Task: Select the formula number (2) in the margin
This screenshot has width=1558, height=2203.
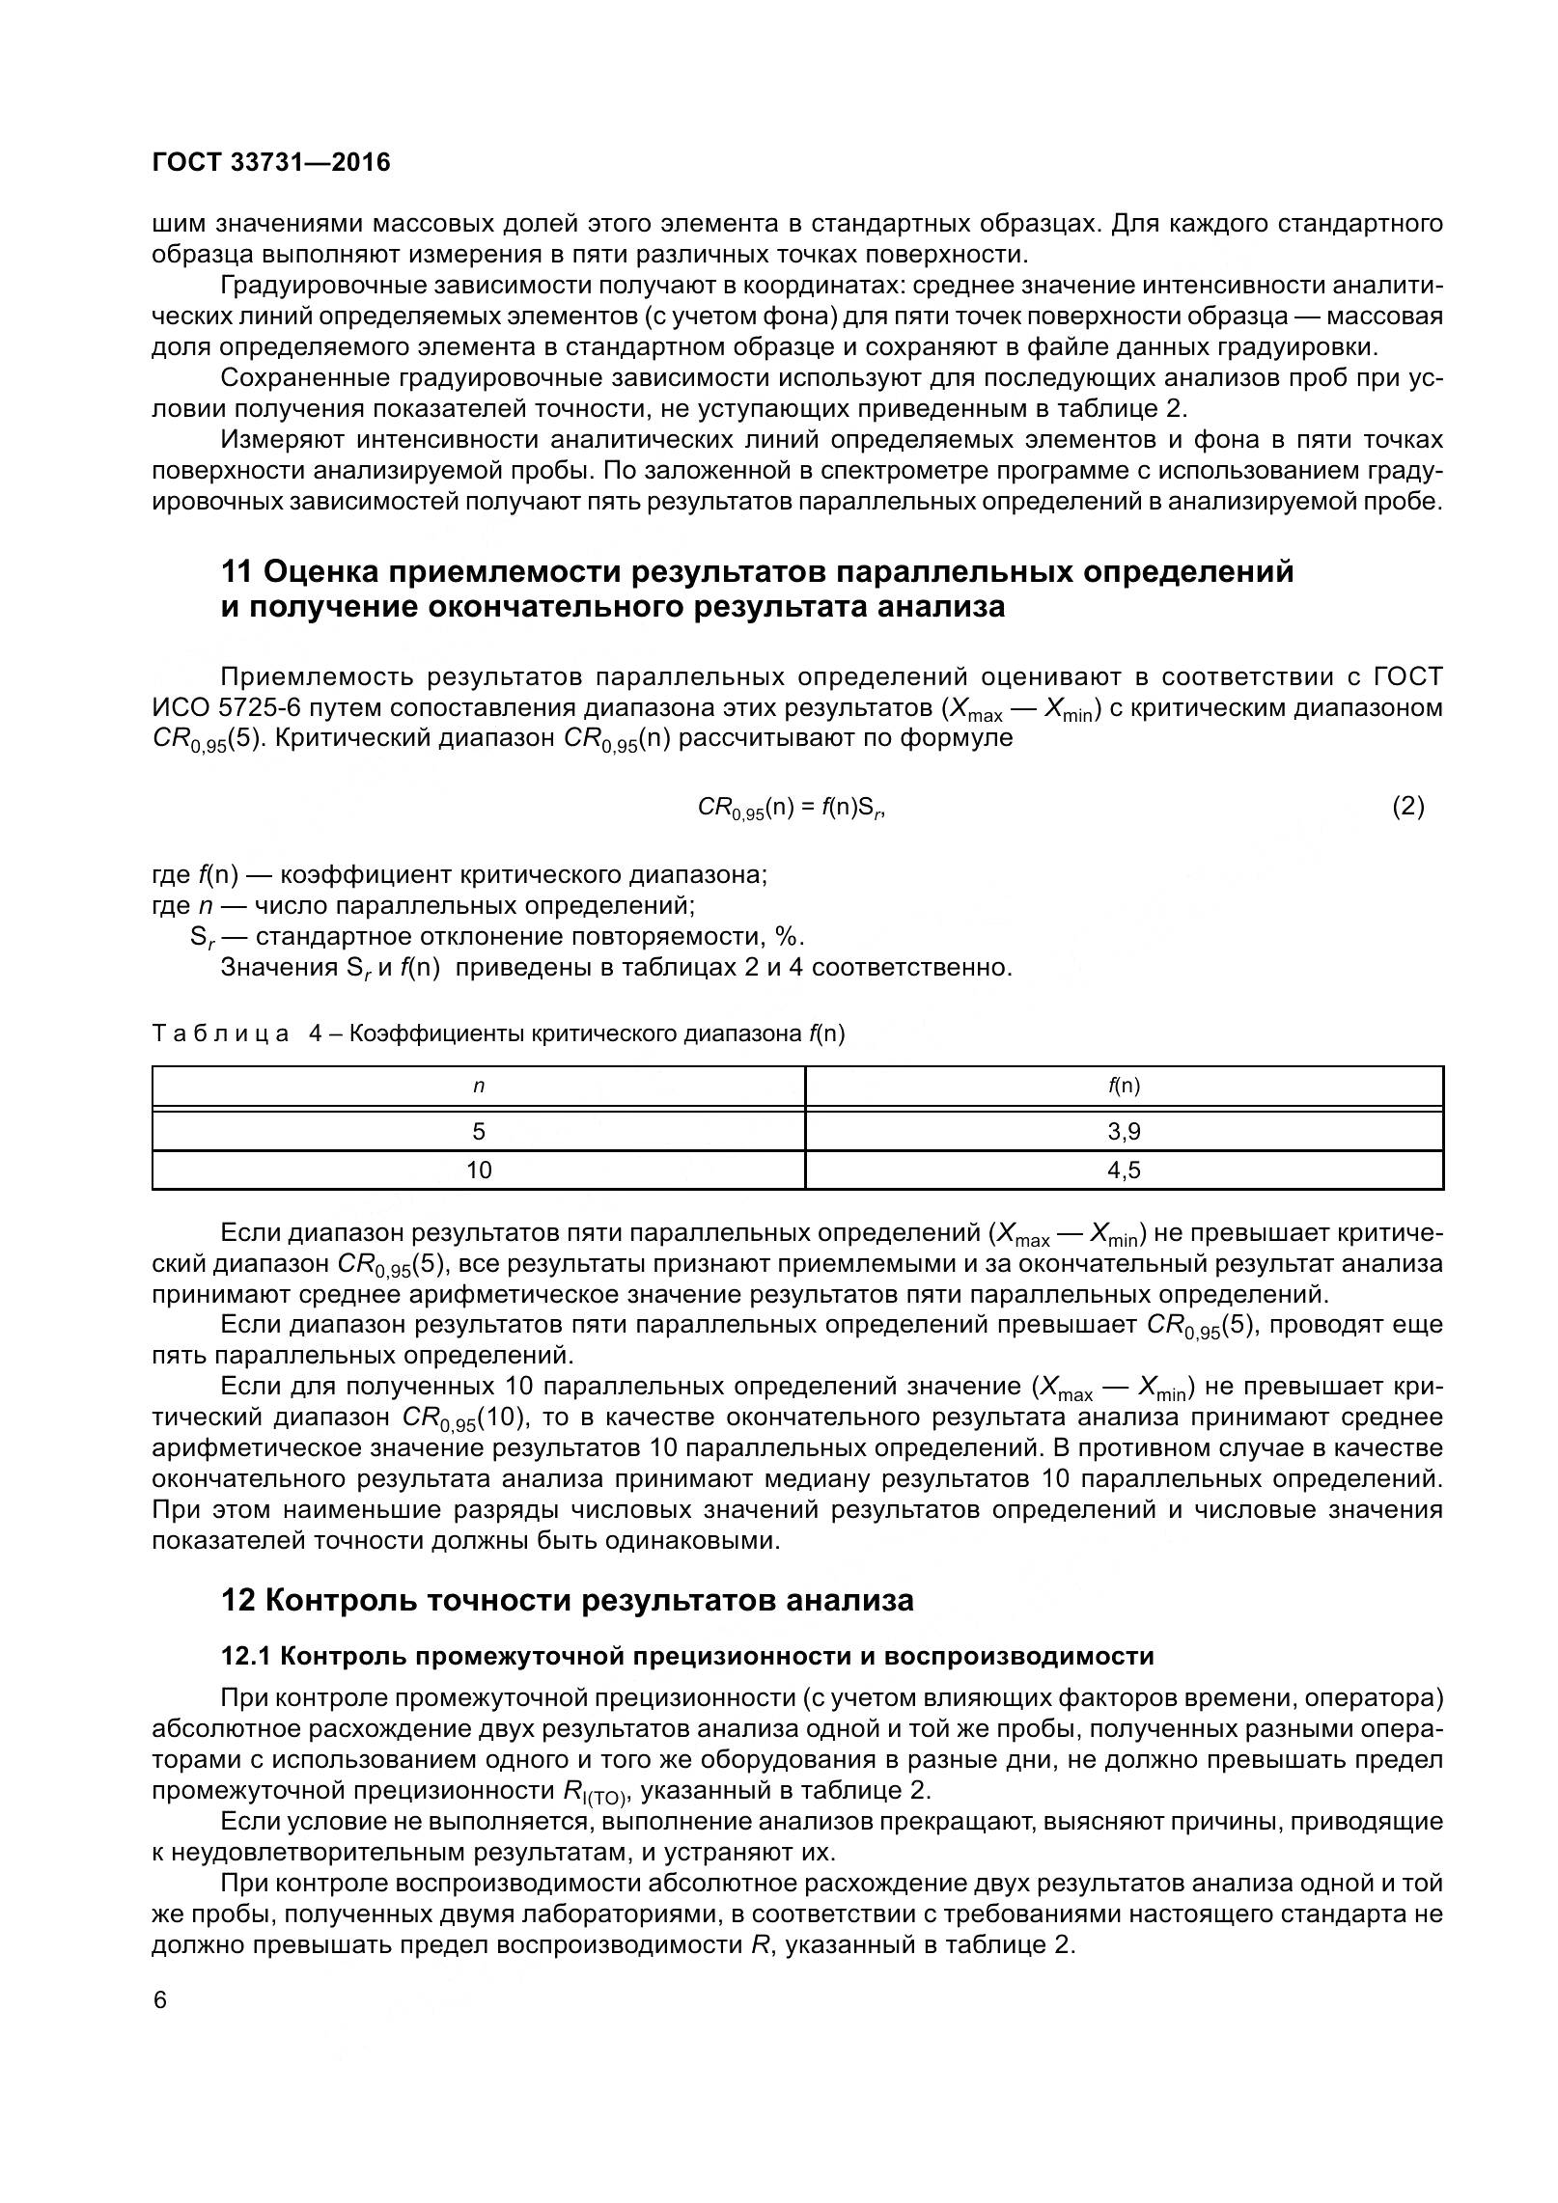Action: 1407,807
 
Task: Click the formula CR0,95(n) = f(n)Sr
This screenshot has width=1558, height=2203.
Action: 792,808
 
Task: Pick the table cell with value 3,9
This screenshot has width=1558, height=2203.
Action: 1124,1131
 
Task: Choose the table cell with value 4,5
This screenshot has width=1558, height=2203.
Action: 1124,1170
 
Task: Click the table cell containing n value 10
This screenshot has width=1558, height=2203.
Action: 479,1170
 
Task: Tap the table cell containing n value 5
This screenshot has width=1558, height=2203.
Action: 479,1131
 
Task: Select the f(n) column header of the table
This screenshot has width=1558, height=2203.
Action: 1124,1087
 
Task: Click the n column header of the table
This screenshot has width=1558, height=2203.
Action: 479,1087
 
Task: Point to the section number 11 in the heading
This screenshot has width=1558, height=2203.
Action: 237,572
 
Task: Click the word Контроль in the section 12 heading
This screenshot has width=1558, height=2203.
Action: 338,1601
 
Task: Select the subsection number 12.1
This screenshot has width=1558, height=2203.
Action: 248,1657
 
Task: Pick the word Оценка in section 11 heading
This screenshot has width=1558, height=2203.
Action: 320,572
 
